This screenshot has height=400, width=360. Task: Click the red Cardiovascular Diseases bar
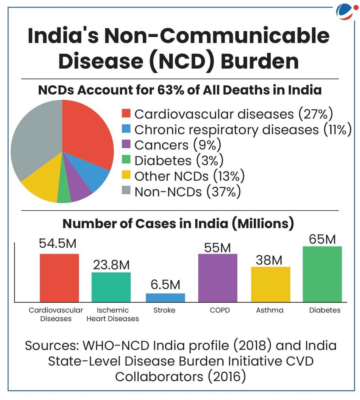coord(59,278)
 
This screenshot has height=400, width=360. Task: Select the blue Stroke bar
coord(165,298)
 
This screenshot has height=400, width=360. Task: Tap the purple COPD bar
coord(218,278)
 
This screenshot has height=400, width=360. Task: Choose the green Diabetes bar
coord(323,274)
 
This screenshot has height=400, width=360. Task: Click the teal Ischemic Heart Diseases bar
coord(111,287)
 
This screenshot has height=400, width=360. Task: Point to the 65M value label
coord(323,239)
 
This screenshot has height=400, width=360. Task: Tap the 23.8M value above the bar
coord(111,265)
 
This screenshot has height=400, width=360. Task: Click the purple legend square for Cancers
coord(126,144)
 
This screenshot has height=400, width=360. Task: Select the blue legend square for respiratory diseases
coord(126,129)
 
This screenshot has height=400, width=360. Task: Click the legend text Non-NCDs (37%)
coord(187,192)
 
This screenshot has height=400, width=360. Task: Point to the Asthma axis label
coord(270,310)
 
